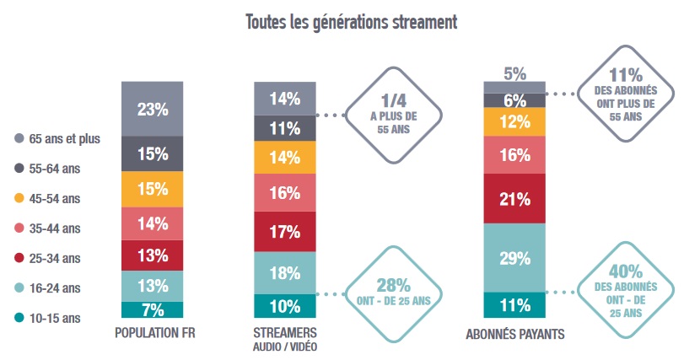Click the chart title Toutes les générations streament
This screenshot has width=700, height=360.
[x=351, y=22]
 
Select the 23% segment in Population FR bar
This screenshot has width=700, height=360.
[x=153, y=109]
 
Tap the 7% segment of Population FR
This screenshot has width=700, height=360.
[x=153, y=309]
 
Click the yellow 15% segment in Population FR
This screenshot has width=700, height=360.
[x=153, y=190]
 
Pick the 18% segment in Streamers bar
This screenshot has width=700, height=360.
[x=285, y=272]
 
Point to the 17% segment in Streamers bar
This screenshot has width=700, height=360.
[x=285, y=231]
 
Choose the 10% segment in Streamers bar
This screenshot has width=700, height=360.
[x=285, y=306]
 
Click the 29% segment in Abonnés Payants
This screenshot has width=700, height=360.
[x=514, y=259]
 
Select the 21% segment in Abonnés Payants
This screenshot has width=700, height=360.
[x=514, y=199]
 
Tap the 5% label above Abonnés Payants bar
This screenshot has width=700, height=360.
[x=514, y=74]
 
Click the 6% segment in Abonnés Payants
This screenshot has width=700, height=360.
[x=514, y=99]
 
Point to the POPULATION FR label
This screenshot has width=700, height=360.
[x=153, y=335]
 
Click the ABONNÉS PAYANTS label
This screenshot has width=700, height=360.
[x=514, y=336]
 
